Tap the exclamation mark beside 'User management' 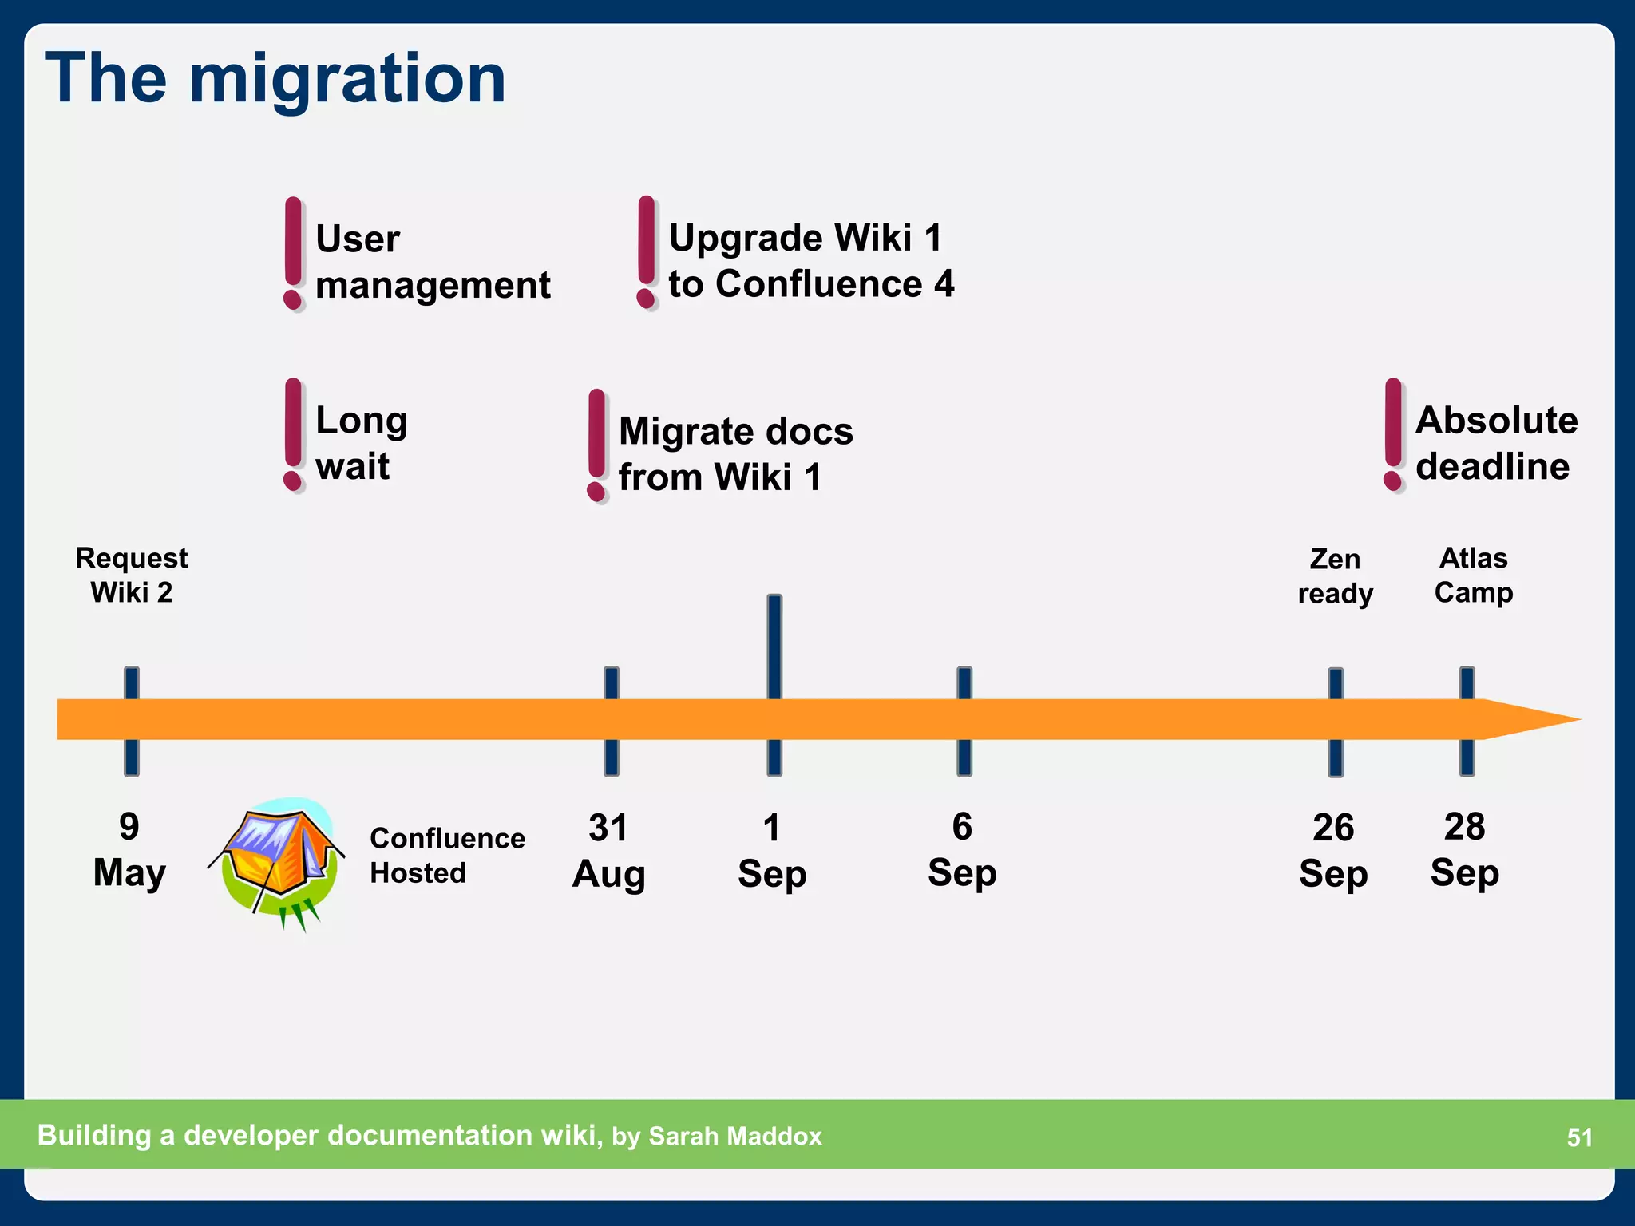tap(294, 253)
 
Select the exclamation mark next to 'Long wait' tap(294, 435)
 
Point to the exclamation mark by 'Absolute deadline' tap(1393, 435)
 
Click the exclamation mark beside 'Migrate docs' tap(596, 445)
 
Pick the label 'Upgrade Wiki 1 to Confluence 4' tap(811, 261)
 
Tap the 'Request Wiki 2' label tap(132, 575)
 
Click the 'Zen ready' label tap(1335, 575)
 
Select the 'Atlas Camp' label tap(1473, 575)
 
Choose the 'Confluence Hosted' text tap(447, 855)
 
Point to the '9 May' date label tap(129, 849)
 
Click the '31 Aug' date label tap(609, 851)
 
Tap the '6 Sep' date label tap(962, 849)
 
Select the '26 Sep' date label tap(1333, 851)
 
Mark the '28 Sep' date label tap(1464, 849)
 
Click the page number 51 tap(1579, 1137)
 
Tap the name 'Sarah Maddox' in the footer tap(734, 1136)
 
